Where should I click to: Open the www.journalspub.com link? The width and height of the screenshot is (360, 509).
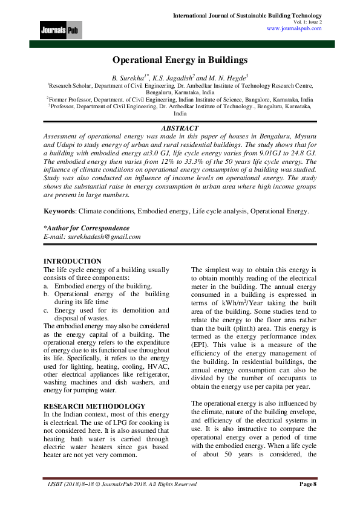[x=293, y=28]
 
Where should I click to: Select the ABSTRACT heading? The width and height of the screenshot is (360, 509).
[x=180, y=129]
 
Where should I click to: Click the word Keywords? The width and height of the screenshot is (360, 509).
[x=61, y=212]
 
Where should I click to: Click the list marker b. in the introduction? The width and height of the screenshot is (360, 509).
[x=47, y=294]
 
